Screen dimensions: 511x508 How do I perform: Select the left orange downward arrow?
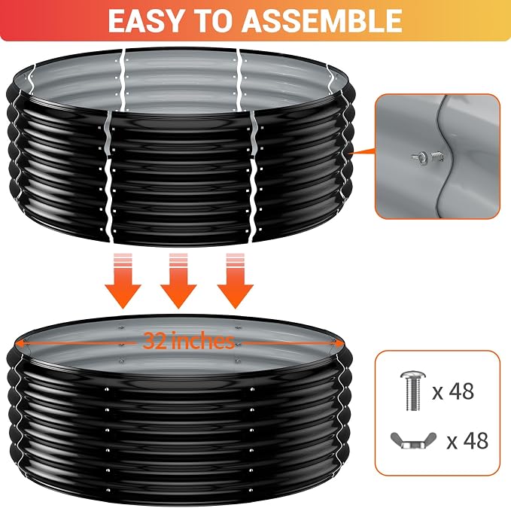click(123, 281)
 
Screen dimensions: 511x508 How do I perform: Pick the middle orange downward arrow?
click(178, 281)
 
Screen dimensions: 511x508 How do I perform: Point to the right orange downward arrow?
click(236, 281)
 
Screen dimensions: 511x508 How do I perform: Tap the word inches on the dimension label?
click(202, 340)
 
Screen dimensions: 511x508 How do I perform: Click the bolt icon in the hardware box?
click(413, 390)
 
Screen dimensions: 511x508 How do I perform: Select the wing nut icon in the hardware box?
click(413, 441)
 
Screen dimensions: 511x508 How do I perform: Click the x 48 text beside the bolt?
click(453, 391)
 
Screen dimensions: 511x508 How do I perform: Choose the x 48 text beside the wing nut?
click(467, 441)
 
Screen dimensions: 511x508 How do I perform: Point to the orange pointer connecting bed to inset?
click(363, 151)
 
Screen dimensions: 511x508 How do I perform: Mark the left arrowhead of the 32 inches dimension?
click(20, 343)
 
